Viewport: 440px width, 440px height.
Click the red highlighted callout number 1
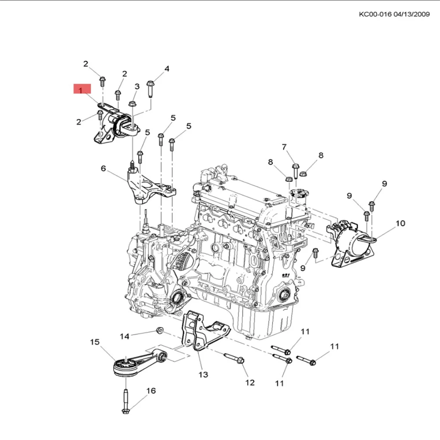click(81, 90)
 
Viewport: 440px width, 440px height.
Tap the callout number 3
click(137, 86)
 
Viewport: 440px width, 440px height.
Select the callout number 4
click(167, 69)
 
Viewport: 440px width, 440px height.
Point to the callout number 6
click(103, 169)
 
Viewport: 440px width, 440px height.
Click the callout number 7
click(284, 147)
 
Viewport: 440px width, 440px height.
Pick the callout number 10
click(400, 224)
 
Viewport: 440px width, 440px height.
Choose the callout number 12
click(250, 382)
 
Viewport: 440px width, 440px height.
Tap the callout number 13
click(203, 374)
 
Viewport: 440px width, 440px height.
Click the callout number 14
click(125, 336)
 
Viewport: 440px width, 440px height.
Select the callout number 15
click(95, 342)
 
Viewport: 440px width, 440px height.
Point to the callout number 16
click(151, 391)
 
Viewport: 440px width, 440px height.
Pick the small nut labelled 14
click(160, 330)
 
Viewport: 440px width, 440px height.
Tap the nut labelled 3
click(132, 104)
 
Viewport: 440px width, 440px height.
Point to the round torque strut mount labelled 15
click(125, 366)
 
